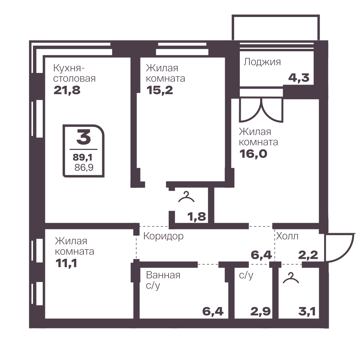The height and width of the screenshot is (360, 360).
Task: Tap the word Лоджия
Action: (x=262, y=62)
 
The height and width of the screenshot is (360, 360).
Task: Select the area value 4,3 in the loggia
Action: (x=299, y=78)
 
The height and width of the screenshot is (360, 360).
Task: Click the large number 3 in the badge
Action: (x=84, y=137)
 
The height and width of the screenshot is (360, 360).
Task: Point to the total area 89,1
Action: (x=82, y=158)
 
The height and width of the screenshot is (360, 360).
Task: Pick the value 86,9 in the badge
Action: (x=84, y=168)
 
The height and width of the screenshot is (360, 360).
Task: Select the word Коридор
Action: (x=164, y=236)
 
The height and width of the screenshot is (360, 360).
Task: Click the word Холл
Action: (x=287, y=236)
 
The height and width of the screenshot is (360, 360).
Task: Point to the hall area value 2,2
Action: (x=308, y=255)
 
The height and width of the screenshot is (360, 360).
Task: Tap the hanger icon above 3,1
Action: (x=291, y=278)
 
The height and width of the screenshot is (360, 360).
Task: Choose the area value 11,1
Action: (x=66, y=263)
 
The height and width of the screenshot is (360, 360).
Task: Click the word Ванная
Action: (x=163, y=275)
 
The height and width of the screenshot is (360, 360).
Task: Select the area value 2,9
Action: (x=260, y=312)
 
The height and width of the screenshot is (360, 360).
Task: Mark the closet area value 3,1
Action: (x=307, y=312)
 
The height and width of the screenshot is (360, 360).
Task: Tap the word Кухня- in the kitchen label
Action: (x=69, y=68)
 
